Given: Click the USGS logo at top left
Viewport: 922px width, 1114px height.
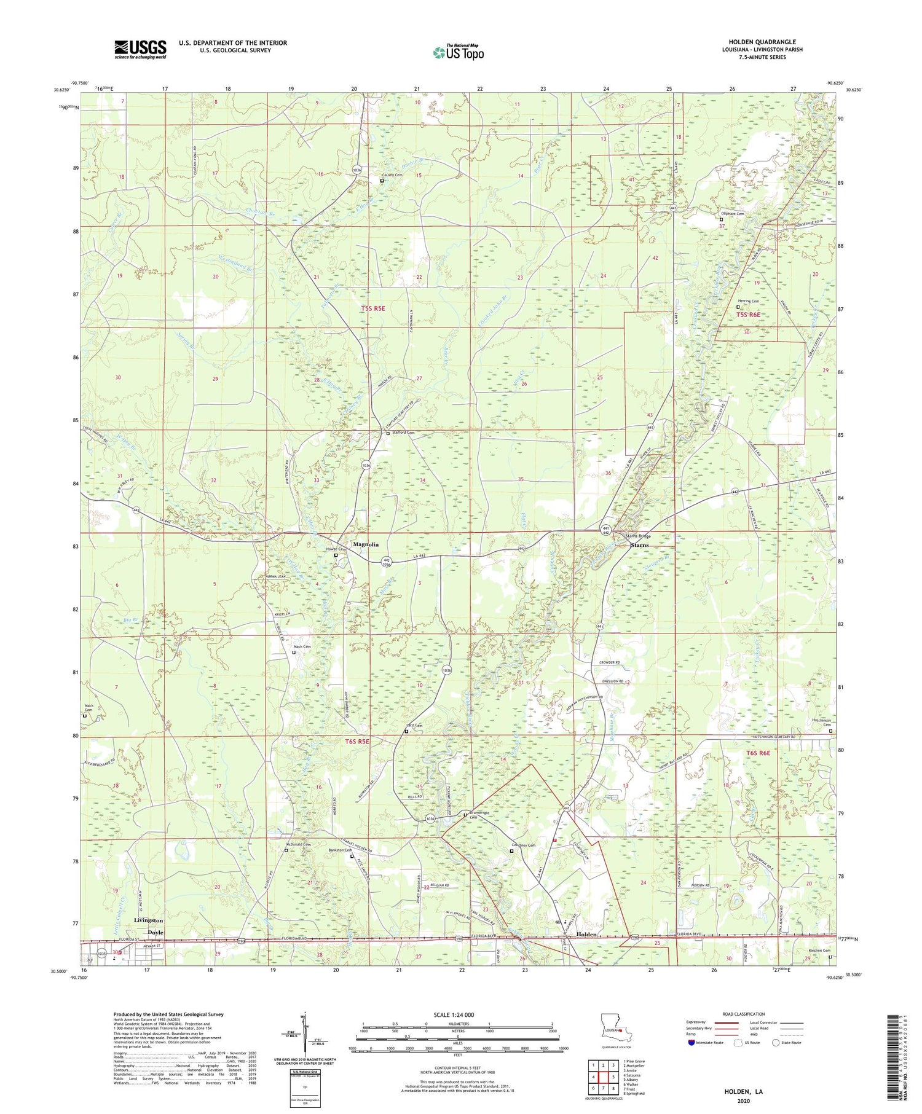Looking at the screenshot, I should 140,49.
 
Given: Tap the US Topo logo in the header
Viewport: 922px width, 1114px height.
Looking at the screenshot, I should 458,53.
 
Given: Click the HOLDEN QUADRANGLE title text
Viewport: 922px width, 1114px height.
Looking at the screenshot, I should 762,42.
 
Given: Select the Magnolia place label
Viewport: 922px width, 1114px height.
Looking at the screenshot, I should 366,544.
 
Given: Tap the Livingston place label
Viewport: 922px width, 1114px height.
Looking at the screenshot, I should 148,920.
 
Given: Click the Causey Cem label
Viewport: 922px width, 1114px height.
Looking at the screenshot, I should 392,175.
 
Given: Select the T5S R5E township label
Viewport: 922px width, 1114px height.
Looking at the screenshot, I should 372,308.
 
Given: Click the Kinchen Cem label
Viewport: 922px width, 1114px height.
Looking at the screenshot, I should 819,951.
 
